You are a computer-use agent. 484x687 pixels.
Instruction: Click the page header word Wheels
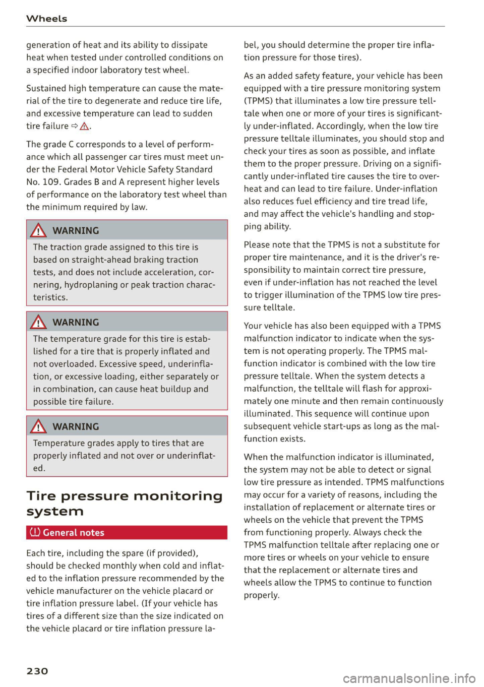point(46,19)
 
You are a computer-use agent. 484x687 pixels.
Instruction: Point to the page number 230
point(37,671)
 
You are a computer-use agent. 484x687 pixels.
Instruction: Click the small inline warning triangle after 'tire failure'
point(85,127)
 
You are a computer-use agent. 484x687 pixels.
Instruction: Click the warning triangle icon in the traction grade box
point(39,231)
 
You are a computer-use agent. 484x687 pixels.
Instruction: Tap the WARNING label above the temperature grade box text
point(76,323)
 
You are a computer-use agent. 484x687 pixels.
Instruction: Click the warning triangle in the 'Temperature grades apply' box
point(39,427)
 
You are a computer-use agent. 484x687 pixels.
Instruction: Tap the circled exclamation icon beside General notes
point(35,532)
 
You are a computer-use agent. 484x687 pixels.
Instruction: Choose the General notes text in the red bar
point(74,533)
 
